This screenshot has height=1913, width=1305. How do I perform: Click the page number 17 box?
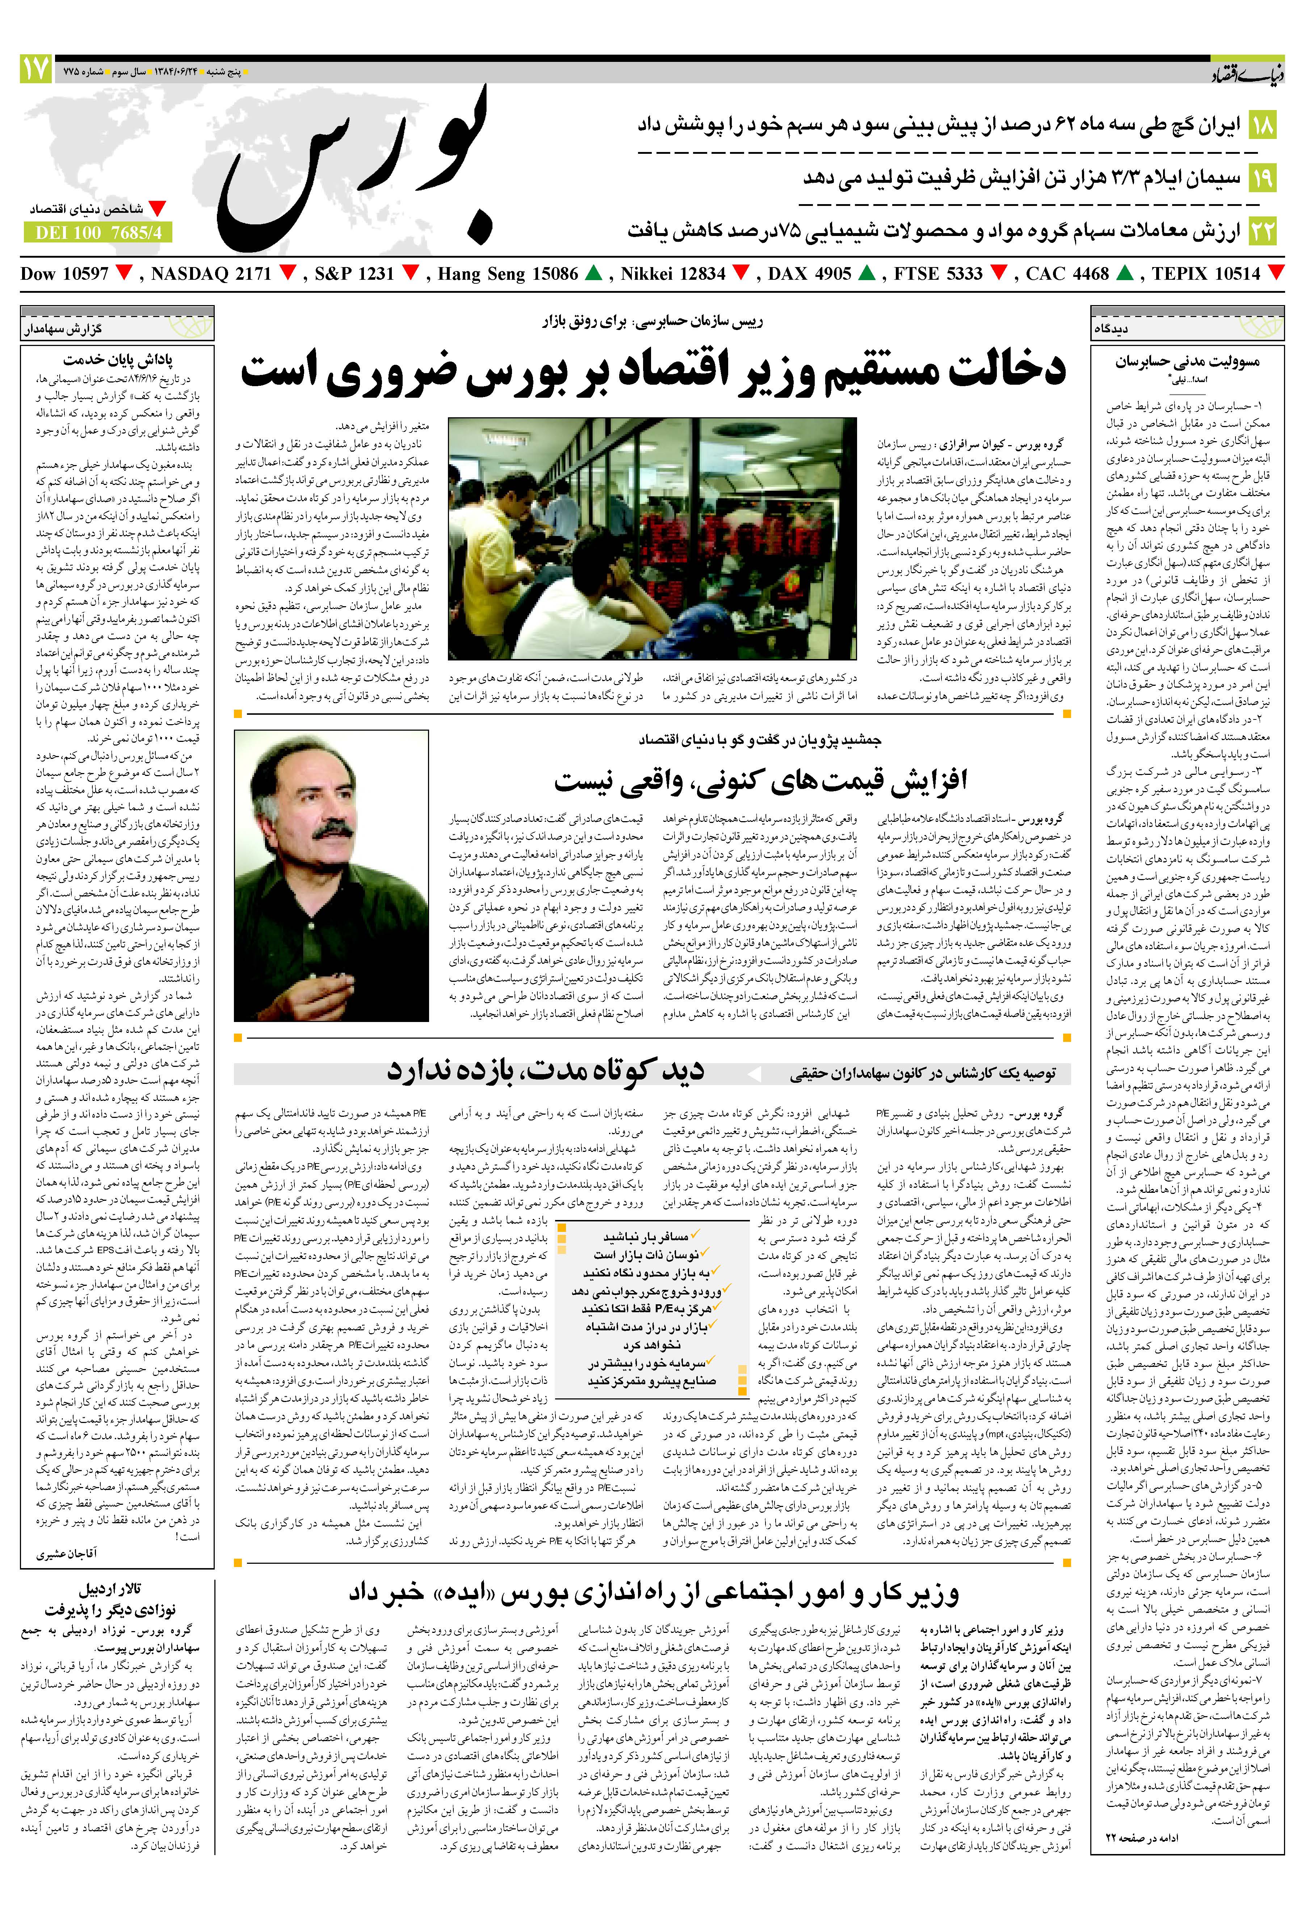35,69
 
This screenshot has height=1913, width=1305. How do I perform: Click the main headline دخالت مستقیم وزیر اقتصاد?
653,372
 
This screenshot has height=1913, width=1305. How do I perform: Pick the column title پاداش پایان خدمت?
118,360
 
